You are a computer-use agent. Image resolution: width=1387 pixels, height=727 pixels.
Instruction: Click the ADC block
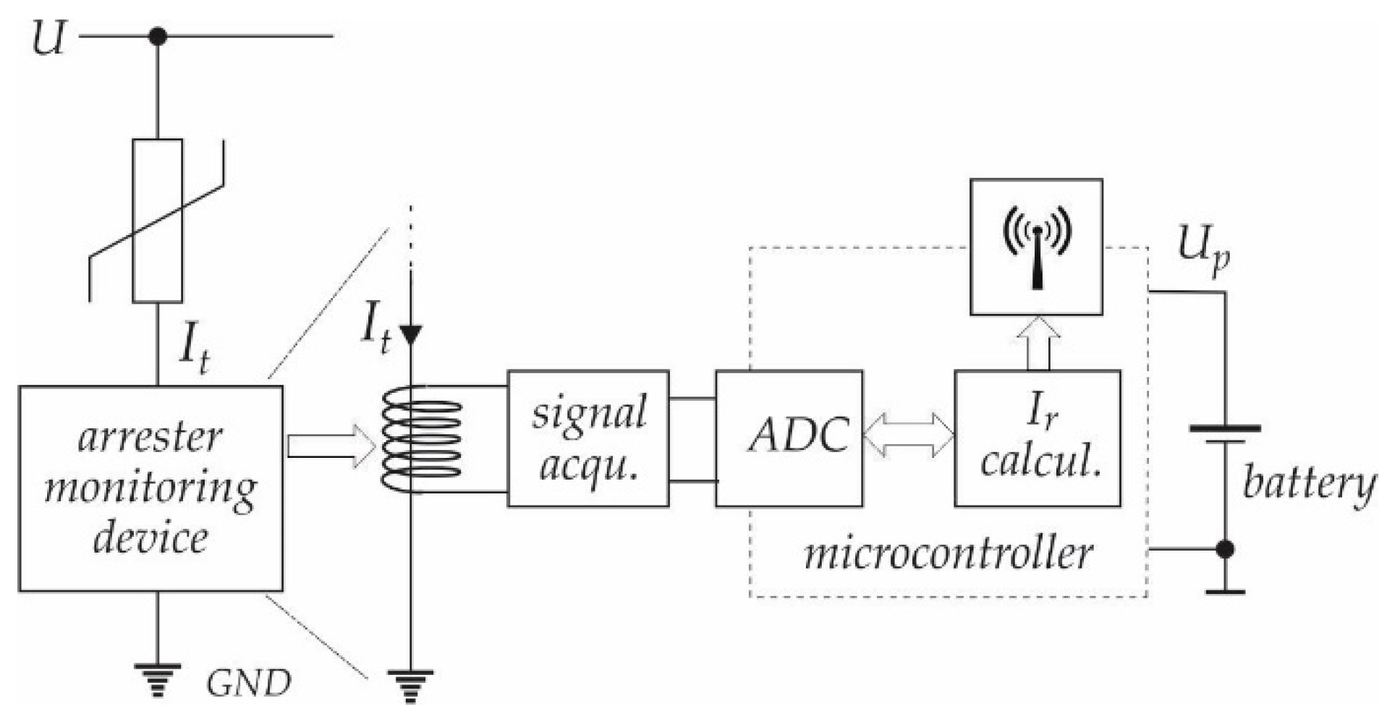[x=789, y=438]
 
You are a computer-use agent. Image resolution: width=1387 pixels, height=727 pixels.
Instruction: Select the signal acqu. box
[x=588, y=438]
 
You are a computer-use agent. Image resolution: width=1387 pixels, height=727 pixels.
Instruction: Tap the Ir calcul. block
[x=1037, y=438]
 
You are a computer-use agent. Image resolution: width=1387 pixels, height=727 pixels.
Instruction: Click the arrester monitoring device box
[x=150, y=488]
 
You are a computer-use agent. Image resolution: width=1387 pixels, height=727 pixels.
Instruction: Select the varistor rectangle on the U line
[x=158, y=221]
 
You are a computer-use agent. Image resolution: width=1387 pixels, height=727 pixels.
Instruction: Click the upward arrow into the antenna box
[x=1038, y=343]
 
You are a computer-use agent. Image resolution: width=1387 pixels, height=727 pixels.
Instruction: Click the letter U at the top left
[x=49, y=38]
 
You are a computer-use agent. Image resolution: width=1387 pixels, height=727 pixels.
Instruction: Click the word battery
[x=1308, y=484]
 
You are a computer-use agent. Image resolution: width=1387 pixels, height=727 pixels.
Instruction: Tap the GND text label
[x=248, y=683]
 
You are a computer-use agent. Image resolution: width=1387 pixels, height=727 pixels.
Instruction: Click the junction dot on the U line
[x=158, y=35]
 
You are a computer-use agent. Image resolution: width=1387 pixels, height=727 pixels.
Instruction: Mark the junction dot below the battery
[x=1225, y=549]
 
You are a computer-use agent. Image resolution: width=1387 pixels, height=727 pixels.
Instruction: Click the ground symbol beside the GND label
[x=158, y=680]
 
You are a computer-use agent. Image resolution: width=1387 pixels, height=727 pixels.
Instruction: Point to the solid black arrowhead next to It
[x=411, y=334]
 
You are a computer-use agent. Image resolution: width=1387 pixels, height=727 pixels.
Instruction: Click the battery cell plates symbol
[x=1225, y=434]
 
